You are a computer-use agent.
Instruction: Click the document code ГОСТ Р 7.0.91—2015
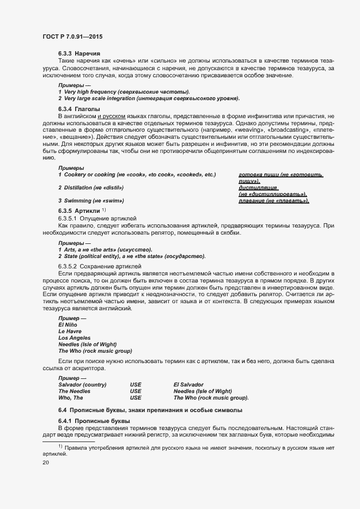[72, 36]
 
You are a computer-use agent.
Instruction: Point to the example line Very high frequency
[124, 91]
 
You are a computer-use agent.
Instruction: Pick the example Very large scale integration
[149, 99]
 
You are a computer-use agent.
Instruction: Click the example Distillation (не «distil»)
[91, 188]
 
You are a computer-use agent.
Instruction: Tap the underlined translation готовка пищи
[280, 175]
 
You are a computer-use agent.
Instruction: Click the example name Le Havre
[71, 331]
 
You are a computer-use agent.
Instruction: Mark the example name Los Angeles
[75, 338]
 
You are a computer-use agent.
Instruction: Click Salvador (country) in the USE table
[83, 385]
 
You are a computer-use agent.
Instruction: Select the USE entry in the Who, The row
[135, 398]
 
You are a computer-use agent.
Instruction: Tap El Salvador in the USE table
[188, 385]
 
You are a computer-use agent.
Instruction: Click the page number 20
[45, 463]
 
